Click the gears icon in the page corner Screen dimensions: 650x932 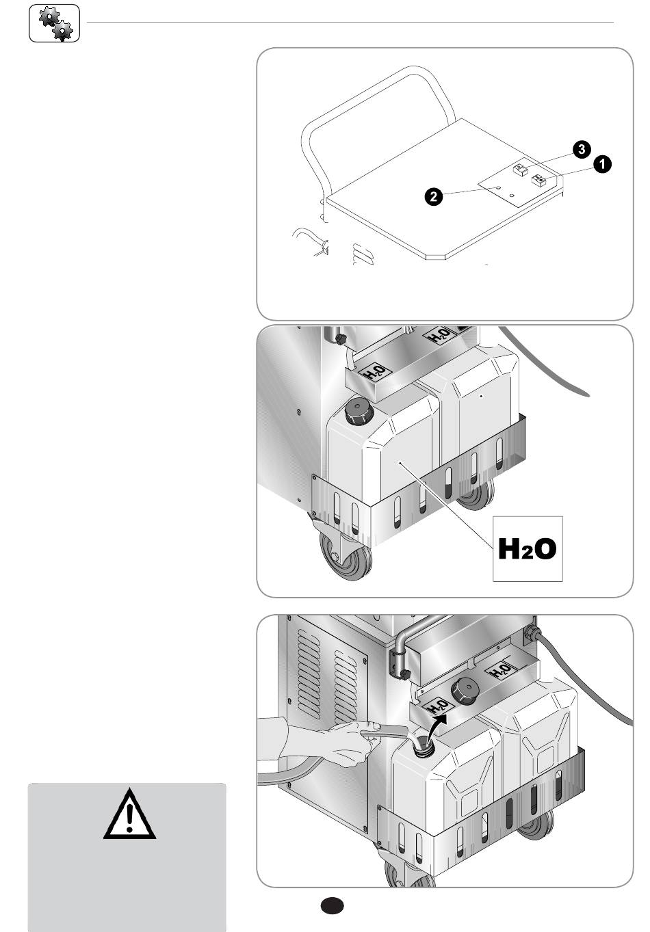(x=54, y=23)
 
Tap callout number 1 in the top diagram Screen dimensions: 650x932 (x=602, y=164)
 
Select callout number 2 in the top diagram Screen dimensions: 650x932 (x=434, y=196)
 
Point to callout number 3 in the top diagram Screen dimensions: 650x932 (x=582, y=149)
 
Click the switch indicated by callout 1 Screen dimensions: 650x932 (x=538, y=180)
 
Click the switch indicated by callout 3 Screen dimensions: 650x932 (x=521, y=170)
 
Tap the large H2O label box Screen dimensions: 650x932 (x=528, y=549)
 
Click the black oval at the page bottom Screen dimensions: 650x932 (x=333, y=905)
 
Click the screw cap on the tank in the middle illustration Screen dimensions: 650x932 (x=359, y=411)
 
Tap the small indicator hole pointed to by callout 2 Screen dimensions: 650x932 (x=497, y=189)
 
